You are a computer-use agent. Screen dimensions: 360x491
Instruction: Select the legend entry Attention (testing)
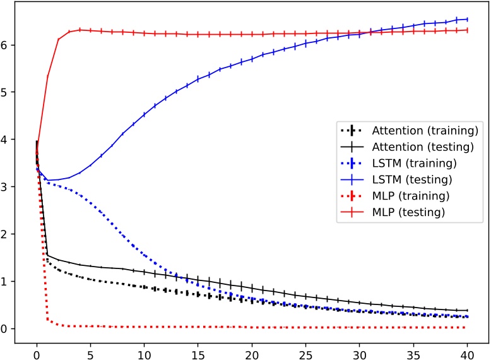(408, 147)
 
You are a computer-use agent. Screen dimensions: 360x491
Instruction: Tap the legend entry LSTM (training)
(398, 164)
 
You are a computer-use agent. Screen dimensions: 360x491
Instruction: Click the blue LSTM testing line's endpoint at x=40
(467, 19)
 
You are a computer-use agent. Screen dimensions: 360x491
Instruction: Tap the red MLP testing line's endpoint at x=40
(467, 30)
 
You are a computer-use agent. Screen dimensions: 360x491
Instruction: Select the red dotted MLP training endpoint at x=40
(467, 327)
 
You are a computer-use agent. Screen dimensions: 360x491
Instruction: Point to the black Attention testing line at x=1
(47, 255)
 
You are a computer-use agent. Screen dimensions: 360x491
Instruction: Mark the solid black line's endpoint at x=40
(467, 310)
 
